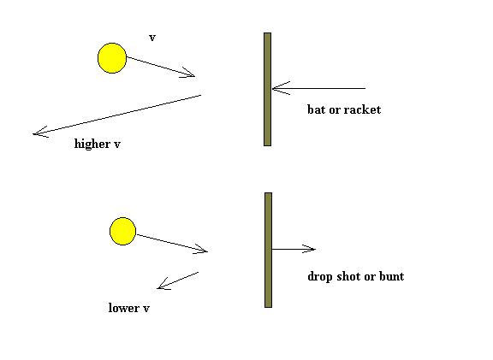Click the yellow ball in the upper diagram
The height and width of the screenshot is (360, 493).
[x=112, y=58]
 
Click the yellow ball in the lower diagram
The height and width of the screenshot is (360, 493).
[x=122, y=231]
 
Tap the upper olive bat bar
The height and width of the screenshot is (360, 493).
[x=267, y=89]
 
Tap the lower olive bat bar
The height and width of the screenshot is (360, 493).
[x=268, y=250]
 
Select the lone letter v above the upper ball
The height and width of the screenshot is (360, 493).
[x=152, y=38]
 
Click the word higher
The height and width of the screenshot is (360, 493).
[x=92, y=144]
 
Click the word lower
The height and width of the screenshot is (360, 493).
[x=123, y=308]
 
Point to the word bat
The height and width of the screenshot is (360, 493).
[x=316, y=109]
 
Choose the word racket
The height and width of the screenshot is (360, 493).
[x=362, y=109]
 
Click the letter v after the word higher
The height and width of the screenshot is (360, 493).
[x=117, y=145]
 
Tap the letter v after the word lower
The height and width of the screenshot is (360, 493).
[x=146, y=309]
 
